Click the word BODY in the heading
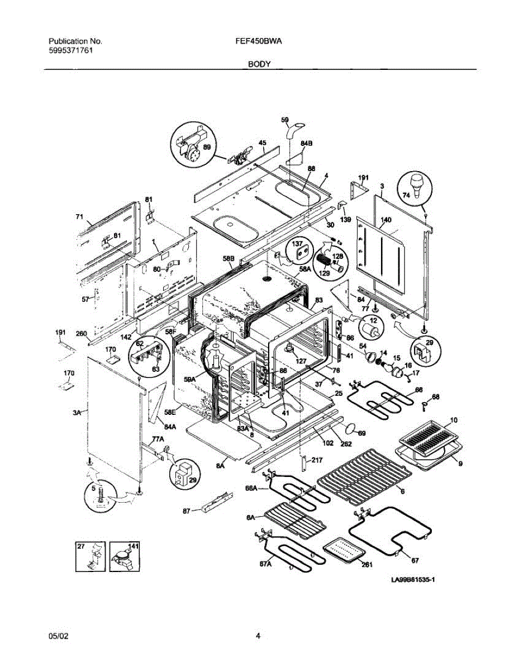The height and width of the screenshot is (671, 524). click(x=260, y=64)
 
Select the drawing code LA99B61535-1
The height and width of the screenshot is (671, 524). click(x=413, y=580)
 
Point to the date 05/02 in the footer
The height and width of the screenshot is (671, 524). click(x=58, y=635)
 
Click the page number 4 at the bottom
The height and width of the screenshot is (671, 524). click(x=258, y=635)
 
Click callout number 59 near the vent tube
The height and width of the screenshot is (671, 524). click(x=284, y=120)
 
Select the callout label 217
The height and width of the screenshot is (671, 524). click(x=317, y=461)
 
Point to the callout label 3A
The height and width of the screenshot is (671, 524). click(x=77, y=412)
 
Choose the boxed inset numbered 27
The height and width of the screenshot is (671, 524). click(x=90, y=556)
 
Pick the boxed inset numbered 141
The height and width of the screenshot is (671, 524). click(x=123, y=557)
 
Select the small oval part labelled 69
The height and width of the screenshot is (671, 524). click(x=351, y=428)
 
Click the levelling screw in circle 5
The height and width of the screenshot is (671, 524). click(x=101, y=496)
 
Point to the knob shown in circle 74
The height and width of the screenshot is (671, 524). click(x=416, y=185)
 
